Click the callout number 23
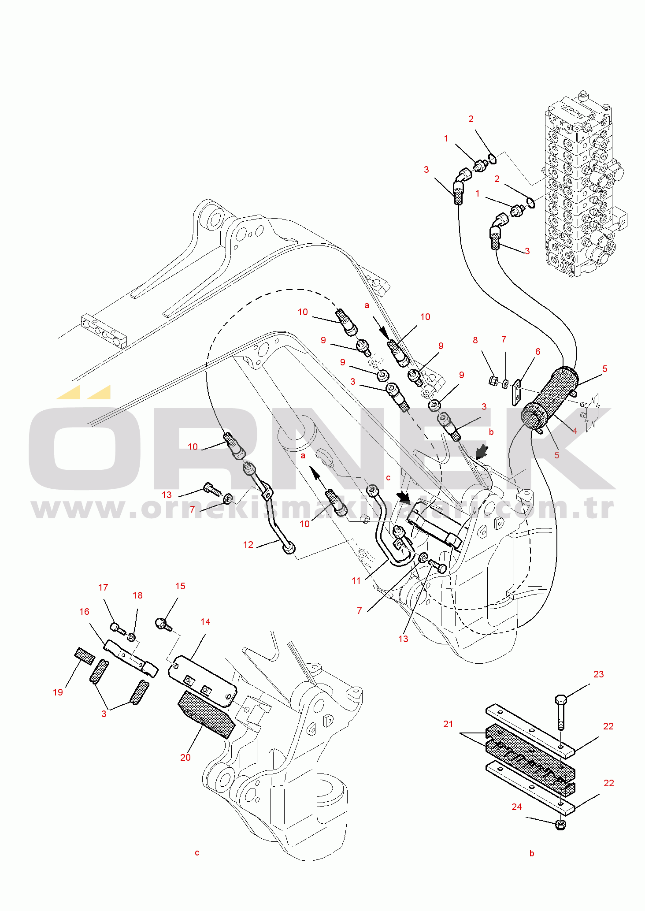click(x=598, y=674)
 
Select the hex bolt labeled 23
click(x=561, y=710)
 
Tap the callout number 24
click(x=516, y=807)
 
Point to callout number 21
click(x=448, y=724)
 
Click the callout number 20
click(x=185, y=758)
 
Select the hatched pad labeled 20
click(x=206, y=714)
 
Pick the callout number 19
click(x=58, y=692)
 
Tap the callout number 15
click(x=180, y=586)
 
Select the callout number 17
click(x=103, y=588)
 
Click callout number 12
click(x=248, y=545)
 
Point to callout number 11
click(x=356, y=581)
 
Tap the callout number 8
click(x=475, y=340)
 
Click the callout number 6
click(x=537, y=352)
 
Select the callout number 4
click(x=575, y=431)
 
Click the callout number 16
click(x=84, y=612)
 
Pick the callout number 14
click(x=205, y=622)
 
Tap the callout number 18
click(x=137, y=595)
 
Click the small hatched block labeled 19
click(x=84, y=656)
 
